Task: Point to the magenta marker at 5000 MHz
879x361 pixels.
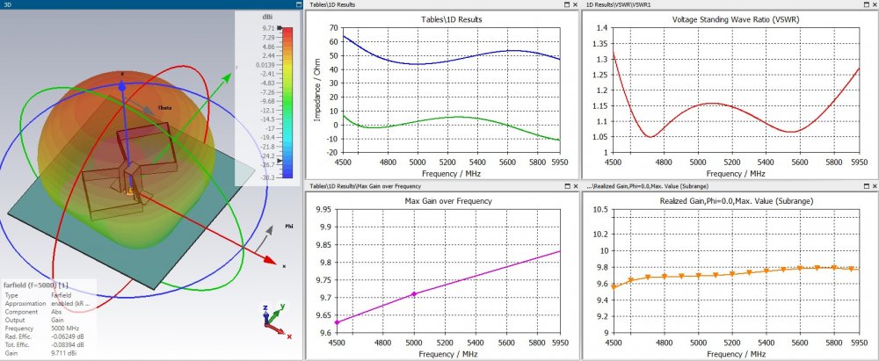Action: pos(439,293)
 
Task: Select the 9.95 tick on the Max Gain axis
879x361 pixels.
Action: pos(330,210)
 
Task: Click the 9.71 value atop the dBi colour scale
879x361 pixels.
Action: pos(268,28)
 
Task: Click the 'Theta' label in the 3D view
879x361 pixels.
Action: pos(163,108)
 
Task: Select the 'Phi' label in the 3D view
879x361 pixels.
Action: pos(289,226)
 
